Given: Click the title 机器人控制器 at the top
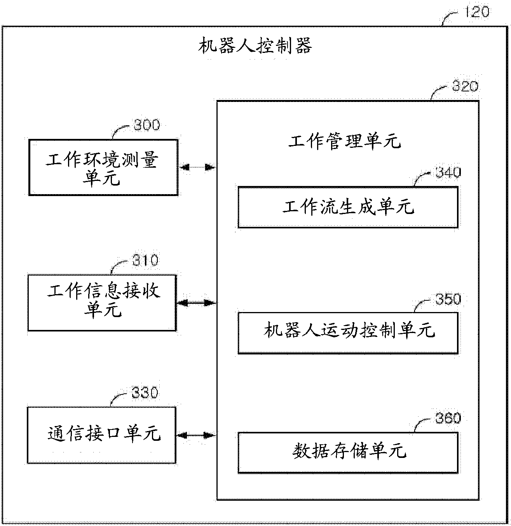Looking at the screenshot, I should (x=255, y=46).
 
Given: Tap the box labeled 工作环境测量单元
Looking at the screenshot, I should (x=103, y=167).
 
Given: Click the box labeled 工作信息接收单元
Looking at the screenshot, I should (x=102, y=302).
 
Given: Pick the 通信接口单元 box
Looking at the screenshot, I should (x=102, y=435).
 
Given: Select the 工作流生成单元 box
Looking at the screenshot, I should (x=348, y=207).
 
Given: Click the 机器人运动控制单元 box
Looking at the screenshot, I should (x=348, y=333).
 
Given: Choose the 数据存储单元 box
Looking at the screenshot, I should (x=348, y=452).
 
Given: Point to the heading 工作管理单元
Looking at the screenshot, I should (x=344, y=142).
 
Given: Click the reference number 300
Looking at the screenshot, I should (x=146, y=125).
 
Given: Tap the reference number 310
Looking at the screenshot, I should (x=145, y=260).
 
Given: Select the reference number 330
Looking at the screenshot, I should (x=145, y=393).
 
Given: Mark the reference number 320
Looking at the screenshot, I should (x=465, y=86).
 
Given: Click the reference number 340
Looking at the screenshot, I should (x=448, y=172).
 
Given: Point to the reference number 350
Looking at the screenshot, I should (x=448, y=299).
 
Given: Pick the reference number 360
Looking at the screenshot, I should (x=448, y=418).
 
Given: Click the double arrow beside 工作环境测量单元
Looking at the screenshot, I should (x=197, y=168).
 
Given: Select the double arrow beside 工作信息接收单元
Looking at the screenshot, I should (x=197, y=303).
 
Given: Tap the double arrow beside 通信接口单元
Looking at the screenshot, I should (x=196, y=435).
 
